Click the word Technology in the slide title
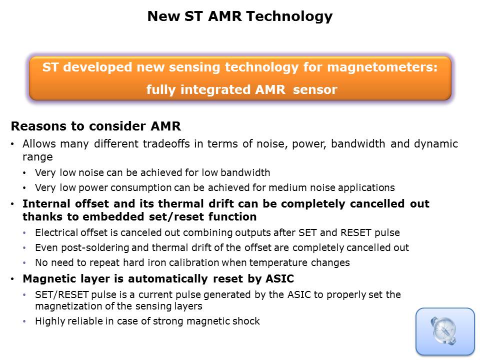289,16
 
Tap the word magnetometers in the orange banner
382,67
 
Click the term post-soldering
95,248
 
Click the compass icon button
445,331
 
